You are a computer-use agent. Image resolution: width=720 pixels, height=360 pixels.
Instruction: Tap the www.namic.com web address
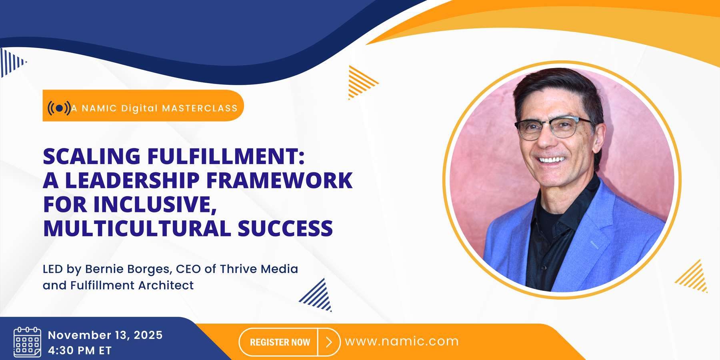[402, 341]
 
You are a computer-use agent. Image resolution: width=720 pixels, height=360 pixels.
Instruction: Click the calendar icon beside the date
[27, 342]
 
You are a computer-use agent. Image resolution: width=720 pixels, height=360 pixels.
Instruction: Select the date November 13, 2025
[105, 335]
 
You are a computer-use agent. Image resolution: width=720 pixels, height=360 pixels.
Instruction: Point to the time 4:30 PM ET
[80, 350]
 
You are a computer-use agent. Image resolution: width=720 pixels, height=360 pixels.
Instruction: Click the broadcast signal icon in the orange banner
[59, 108]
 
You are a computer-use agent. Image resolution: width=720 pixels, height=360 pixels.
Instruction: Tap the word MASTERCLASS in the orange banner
[200, 108]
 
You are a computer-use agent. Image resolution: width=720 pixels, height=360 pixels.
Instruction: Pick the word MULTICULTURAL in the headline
[137, 228]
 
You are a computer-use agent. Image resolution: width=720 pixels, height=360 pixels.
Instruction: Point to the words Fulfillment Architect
[132, 285]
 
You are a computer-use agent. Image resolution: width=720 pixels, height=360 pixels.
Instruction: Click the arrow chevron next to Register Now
[329, 342]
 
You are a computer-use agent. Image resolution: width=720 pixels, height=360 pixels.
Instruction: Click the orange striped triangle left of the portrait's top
[361, 82]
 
